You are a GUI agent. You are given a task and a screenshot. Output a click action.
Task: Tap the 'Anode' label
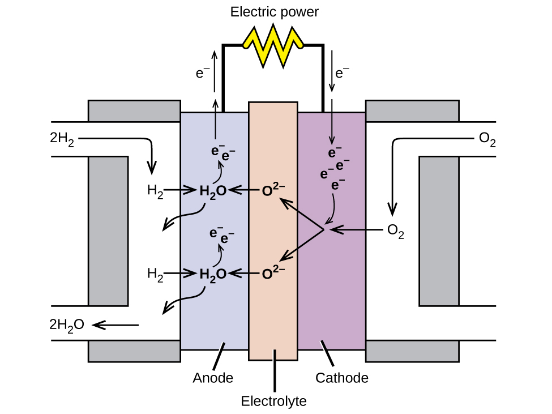(213, 378)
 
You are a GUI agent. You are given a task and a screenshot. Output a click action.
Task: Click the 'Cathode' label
(342, 378)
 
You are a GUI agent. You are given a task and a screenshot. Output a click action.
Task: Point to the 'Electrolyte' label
(273, 402)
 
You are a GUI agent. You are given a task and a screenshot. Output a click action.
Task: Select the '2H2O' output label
(67, 325)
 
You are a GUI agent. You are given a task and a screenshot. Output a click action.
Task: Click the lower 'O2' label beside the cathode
(395, 231)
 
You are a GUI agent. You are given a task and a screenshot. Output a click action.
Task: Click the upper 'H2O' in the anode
(213, 191)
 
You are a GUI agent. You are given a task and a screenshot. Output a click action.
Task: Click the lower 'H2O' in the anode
(213, 274)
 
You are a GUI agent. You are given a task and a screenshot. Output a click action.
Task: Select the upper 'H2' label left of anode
(155, 191)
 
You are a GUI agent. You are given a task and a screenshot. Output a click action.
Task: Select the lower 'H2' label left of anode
(155, 274)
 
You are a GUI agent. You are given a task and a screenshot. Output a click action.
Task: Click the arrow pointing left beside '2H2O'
(115, 325)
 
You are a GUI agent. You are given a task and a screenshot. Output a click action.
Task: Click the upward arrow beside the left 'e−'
(215, 71)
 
